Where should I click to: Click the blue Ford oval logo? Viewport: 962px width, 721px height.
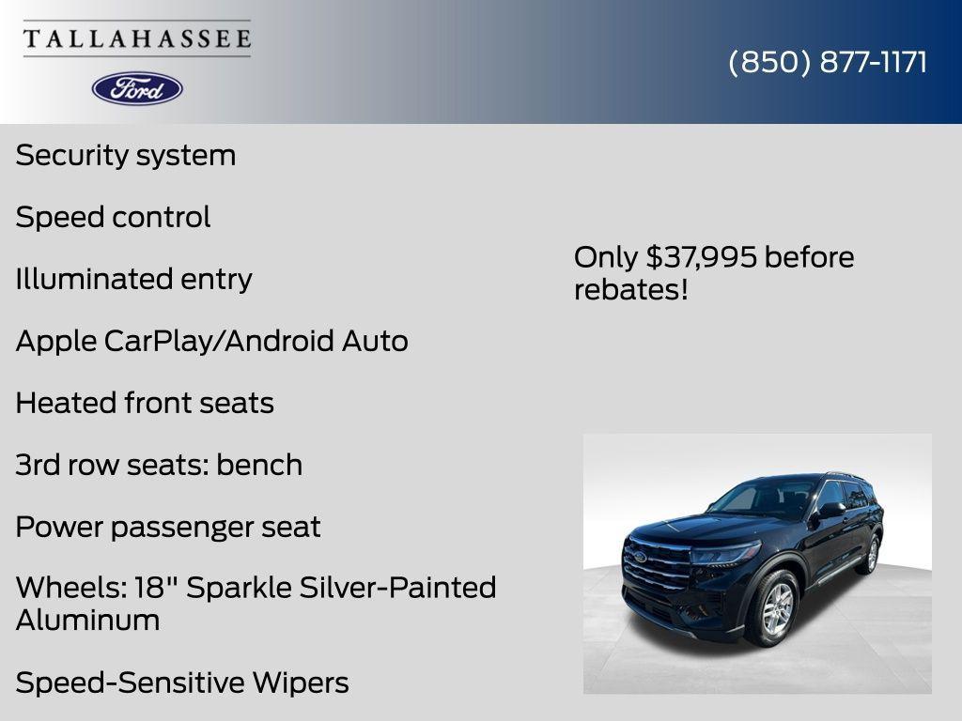point(137,88)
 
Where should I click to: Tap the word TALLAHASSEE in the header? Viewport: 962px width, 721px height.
point(137,38)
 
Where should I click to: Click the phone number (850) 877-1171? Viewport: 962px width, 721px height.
point(828,62)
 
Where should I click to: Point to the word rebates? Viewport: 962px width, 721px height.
point(631,289)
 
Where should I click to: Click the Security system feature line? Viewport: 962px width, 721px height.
point(126,155)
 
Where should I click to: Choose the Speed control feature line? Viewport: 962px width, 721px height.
point(113,217)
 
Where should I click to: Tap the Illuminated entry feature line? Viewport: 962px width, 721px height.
point(133,279)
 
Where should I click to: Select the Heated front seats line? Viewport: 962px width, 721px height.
point(145,403)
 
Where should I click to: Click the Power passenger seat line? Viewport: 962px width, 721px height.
point(168,527)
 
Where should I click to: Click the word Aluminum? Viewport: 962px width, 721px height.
point(87,620)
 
